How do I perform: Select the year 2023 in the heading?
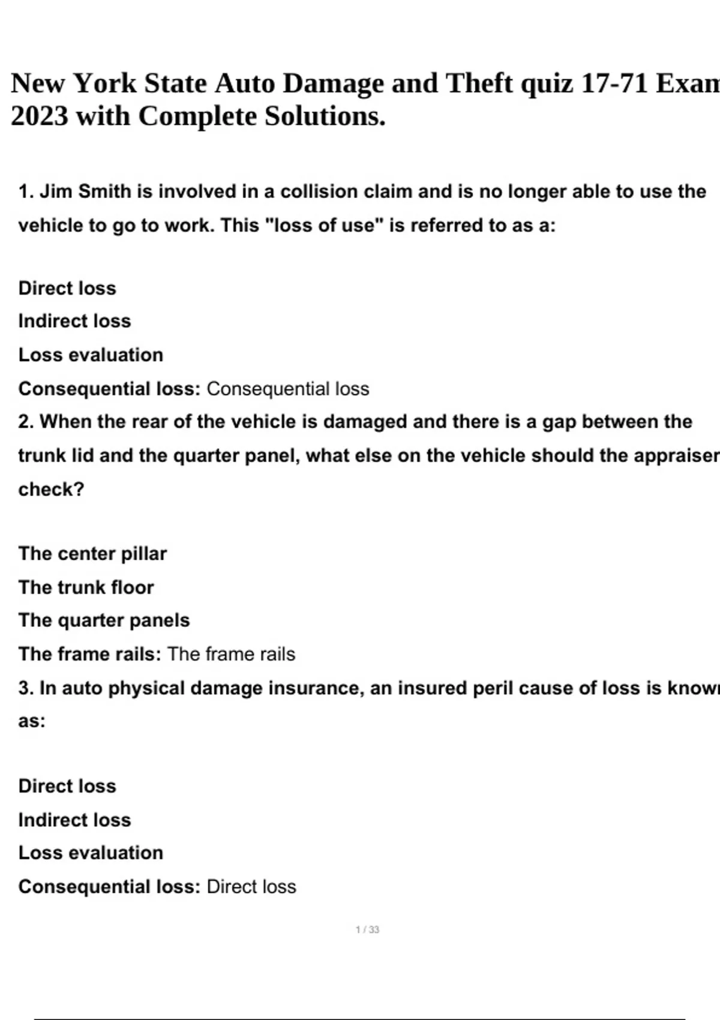tap(39, 116)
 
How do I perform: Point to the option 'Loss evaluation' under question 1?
tap(91, 355)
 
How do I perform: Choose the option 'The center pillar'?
tap(92, 553)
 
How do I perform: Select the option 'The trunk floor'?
tap(86, 587)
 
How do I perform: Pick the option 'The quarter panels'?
tap(104, 620)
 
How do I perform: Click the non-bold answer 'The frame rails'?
tap(231, 653)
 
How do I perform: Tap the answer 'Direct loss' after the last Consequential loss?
tap(251, 886)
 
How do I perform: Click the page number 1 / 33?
tap(367, 929)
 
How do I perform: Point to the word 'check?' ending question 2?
tap(51, 489)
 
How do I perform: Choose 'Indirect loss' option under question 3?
tap(74, 820)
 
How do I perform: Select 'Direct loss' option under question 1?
tap(67, 288)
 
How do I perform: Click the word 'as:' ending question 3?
tap(32, 721)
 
